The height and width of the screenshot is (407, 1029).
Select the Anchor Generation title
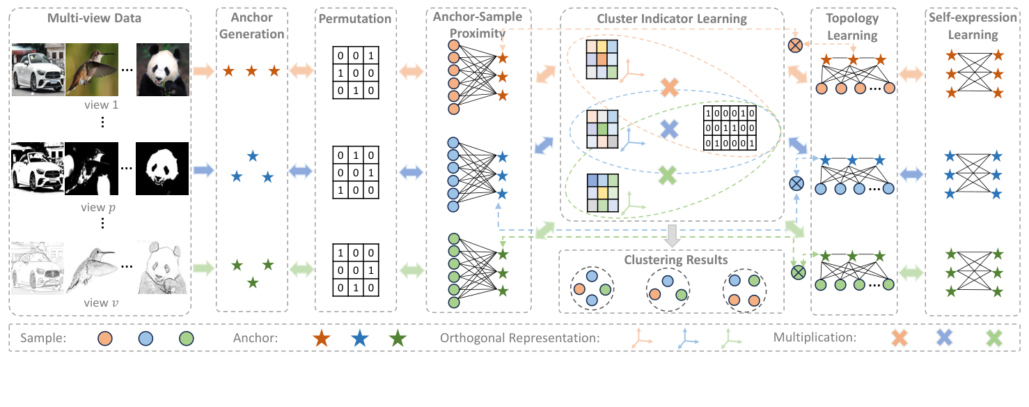click(252, 26)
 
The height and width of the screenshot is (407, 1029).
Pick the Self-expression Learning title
click(973, 26)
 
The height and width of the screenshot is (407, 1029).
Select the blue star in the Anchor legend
click(359, 339)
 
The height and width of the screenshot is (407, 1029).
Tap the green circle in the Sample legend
click(185, 339)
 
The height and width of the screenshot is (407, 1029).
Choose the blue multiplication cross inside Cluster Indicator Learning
click(668, 128)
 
